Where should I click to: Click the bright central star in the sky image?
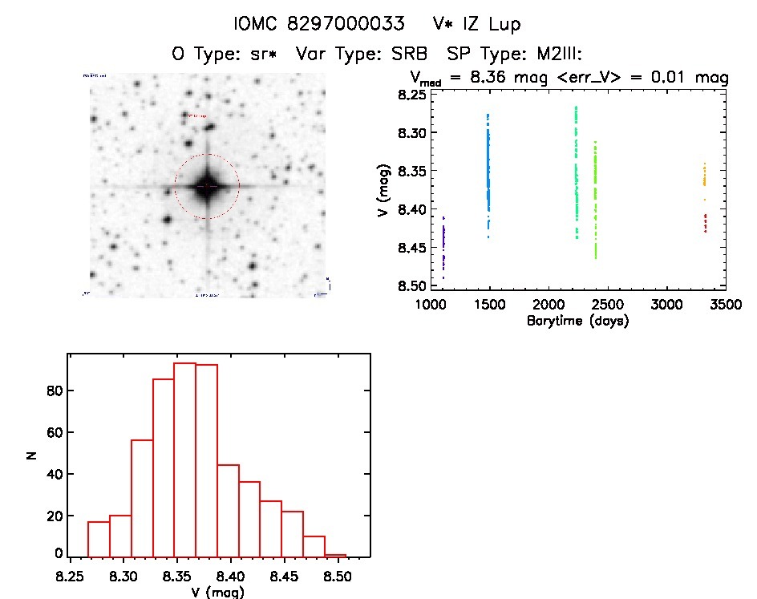tap(207, 186)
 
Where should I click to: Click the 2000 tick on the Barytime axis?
tap(549, 306)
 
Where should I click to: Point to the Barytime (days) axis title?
tap(577, 321)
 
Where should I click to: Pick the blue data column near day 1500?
tap(488, 172)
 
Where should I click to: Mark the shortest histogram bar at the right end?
tap(336, 556)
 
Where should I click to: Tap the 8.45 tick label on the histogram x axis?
tap(368, 576)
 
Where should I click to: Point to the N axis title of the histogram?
tap(33, 455)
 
